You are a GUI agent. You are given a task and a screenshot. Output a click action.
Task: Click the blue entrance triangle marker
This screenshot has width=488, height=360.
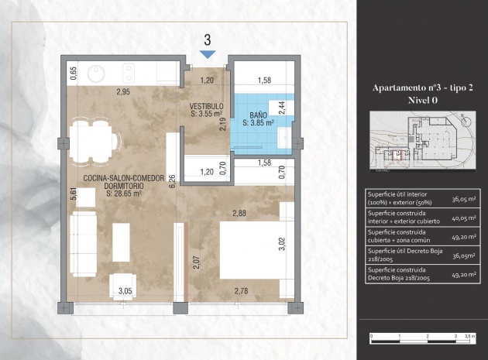click(x=207, y=53)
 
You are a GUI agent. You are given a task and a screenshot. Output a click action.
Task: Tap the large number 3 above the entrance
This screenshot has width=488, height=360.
click(x=207, y=39)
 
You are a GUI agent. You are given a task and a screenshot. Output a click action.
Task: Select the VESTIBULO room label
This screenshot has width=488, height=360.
click(x=206, y=106)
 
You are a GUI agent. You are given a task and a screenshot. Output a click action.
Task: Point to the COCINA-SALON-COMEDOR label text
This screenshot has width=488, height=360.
click(x=123, y=178)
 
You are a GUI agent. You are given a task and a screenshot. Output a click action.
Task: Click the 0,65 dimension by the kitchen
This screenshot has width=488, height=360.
click(x=74, y=74)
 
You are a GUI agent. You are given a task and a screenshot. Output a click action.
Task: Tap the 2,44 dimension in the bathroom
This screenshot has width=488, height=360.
click(x=281, y=108)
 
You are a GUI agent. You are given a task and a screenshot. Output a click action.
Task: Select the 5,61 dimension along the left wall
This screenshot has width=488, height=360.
click(x=74, y=195)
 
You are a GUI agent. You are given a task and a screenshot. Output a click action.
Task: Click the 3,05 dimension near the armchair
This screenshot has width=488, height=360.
click(x=124, y=291)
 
